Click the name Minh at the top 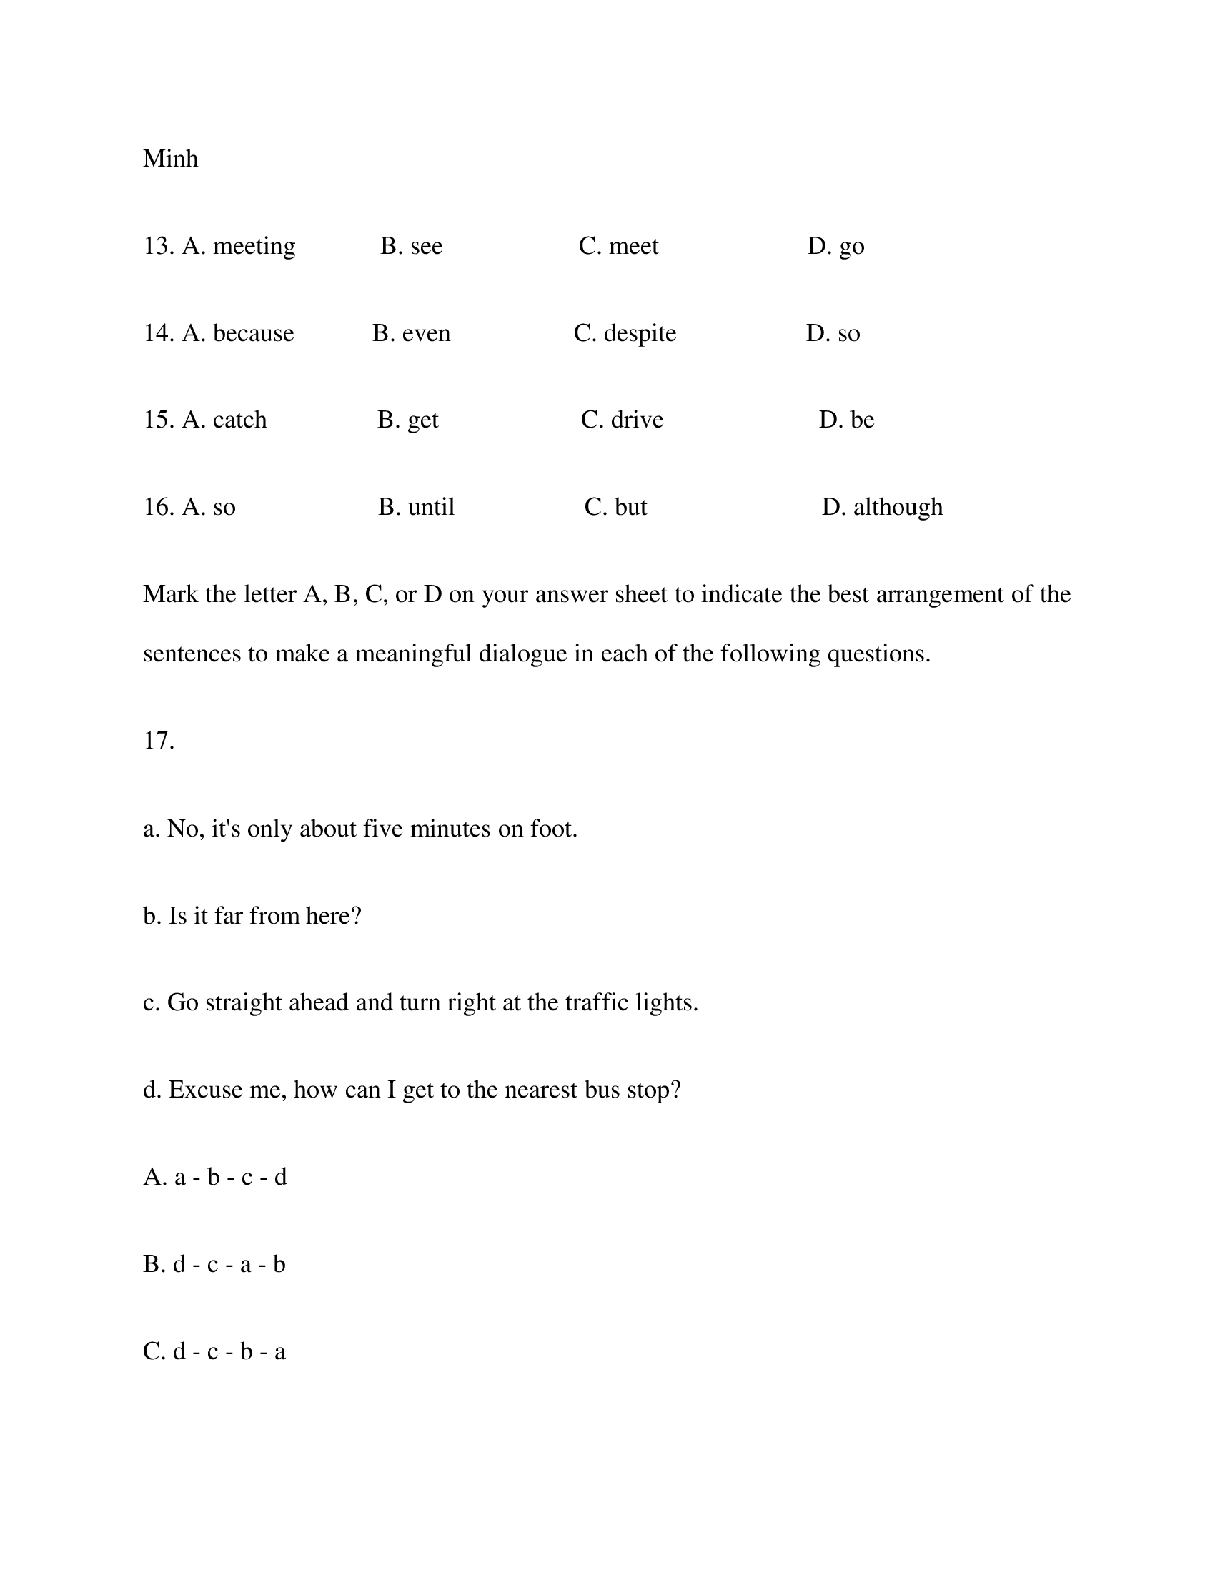point(171,159)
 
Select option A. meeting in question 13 point(238,247)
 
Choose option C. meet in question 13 point(618,247)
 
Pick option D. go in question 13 point(835,247)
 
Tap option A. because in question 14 point(237,333)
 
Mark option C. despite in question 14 point(625,333)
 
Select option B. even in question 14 point(411,333)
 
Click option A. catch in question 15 point(224,420)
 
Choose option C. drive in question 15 point(622,420)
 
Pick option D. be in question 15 point(846,420)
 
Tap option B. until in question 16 point(416,507)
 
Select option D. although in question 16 point(882,507)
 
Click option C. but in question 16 point(615,507)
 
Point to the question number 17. point(159,741)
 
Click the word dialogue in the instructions point(522,654)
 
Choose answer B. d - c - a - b point(214,1264)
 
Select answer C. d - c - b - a point(214,1351)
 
